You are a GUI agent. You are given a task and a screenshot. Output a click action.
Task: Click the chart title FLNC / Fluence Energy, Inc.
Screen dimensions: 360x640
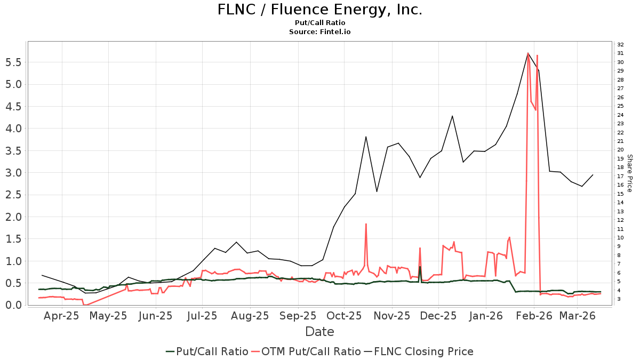point(319,10)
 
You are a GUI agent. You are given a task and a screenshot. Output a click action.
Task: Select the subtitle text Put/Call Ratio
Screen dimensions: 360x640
point(319,23)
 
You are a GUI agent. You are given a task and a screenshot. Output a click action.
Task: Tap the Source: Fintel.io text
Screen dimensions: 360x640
point(319,32)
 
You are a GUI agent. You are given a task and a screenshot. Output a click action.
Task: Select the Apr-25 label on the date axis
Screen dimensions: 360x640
point(62,316)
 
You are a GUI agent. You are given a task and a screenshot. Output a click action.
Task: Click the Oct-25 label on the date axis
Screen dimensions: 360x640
point(345,316)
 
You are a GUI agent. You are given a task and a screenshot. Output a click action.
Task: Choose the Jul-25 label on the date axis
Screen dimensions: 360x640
point(203,316)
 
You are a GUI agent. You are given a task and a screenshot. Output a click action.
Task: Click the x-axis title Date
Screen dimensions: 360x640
point(319,332)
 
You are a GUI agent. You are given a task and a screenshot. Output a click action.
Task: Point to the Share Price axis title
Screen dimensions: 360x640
point(629,173)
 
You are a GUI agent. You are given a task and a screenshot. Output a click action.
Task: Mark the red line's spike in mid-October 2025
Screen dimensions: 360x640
point(366,224)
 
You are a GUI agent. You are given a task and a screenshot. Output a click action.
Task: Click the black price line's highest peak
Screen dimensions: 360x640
point(528,53)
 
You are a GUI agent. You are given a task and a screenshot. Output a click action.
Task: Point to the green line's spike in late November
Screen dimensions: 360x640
point(420,267)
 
